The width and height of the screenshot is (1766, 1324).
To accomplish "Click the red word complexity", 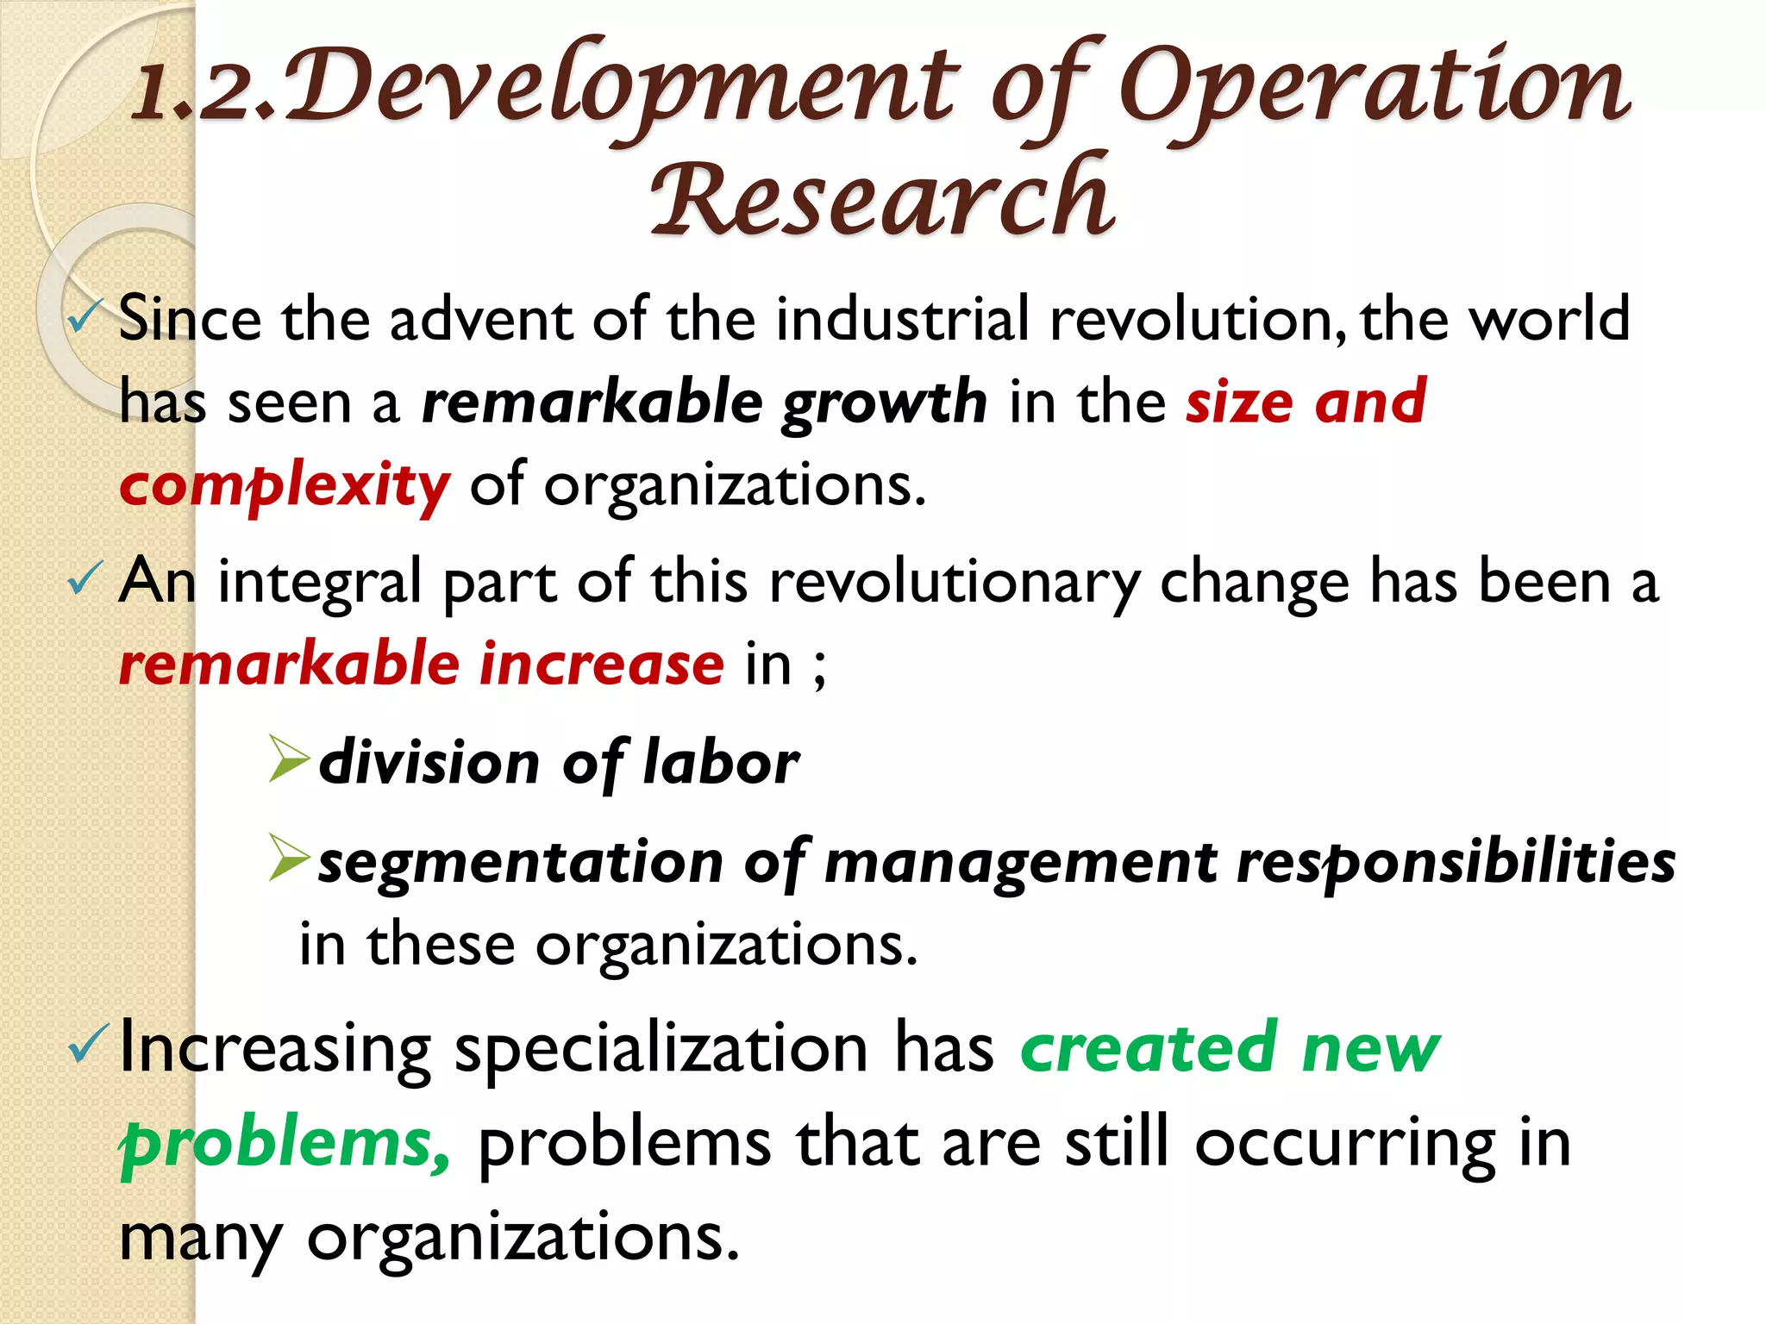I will tap(285, 486).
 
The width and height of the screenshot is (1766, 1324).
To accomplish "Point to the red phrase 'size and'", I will tap(1306, 402).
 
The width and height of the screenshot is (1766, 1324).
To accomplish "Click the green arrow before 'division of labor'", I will tap(288, 759).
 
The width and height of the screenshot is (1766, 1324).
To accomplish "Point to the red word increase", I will tap(602, 665).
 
